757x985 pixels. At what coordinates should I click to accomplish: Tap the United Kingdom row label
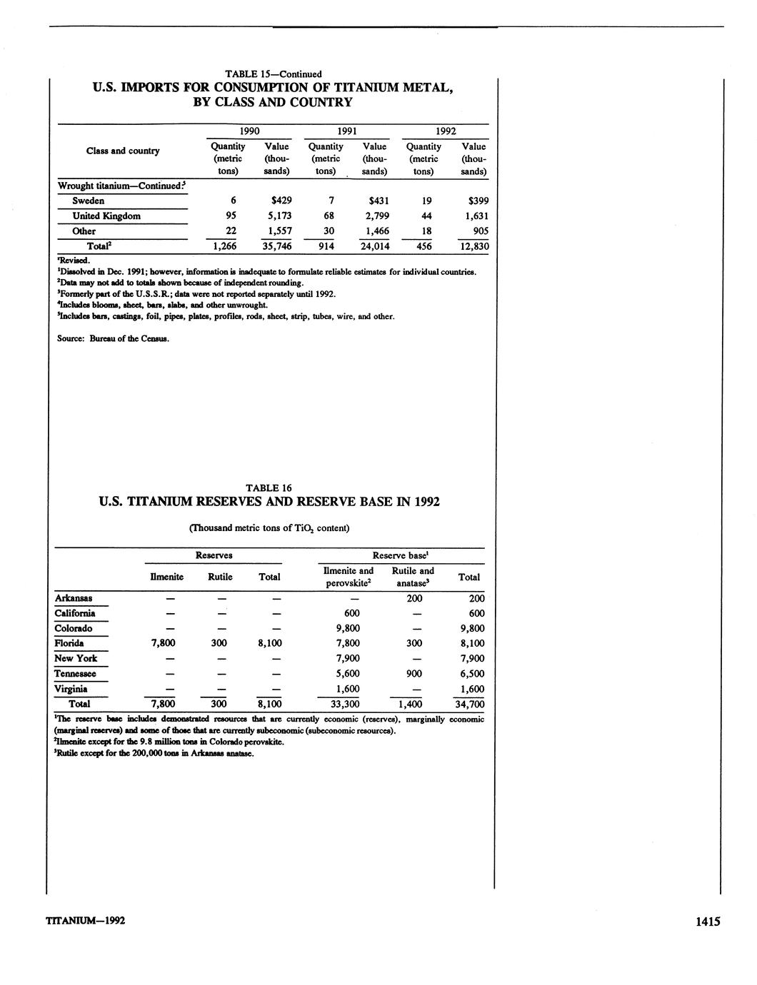click(x=106, y=216)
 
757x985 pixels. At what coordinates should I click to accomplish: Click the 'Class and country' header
click(x=123, y=151)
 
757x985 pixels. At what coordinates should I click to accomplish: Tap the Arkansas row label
click(x=73, y=598)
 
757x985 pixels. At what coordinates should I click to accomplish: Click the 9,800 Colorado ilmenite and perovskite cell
click(x=347, y=629)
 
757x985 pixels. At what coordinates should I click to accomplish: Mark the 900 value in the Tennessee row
click(x=414, y=674)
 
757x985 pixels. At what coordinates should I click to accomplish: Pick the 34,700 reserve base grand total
click(x=469, y=704)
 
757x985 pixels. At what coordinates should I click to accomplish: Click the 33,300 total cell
click(x=347, y=704)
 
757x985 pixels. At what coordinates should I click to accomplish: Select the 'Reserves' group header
click(x=214, y=555)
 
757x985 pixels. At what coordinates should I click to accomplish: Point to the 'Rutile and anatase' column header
click(x=413, y=577)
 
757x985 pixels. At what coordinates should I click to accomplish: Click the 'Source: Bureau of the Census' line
click(x=113, y=338)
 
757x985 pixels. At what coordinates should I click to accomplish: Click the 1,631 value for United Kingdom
click(x=473, y=216)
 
